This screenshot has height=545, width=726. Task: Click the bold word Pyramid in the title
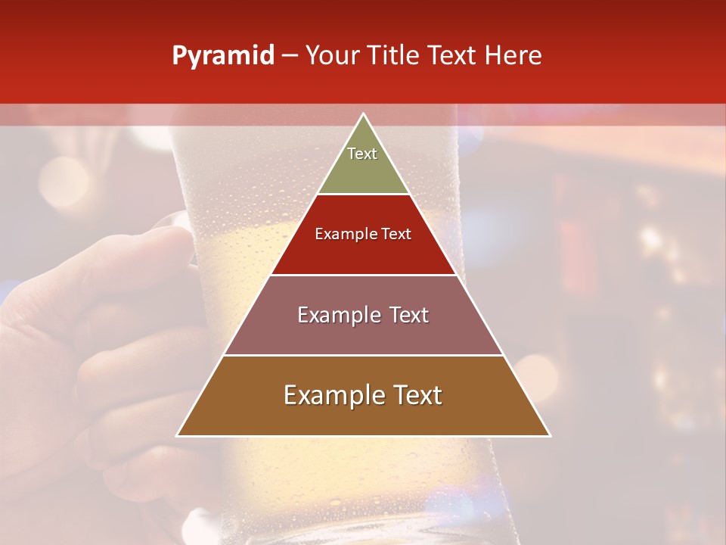coord(223,56)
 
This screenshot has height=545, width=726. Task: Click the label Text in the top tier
coord(362,154)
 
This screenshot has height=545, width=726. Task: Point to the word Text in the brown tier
coord(417,395)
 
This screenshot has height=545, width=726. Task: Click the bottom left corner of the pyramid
coord(177,435)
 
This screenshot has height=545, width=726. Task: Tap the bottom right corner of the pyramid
coord(550,435)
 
